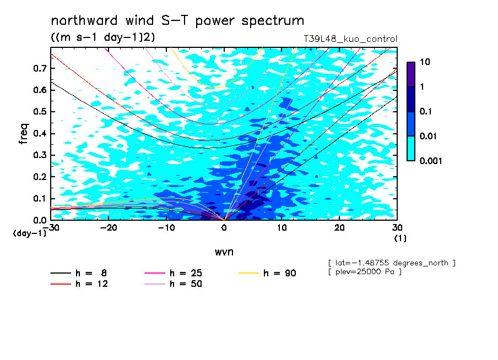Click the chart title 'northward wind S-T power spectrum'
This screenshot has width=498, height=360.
click(x=177, y=20)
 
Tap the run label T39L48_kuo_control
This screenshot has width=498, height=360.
click(x=350, y=39)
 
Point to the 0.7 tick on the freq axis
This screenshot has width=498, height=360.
click(x=40, y=68)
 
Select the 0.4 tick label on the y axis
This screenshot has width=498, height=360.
click(x=40, y=133)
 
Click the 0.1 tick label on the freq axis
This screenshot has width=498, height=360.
click(x=40, y=198)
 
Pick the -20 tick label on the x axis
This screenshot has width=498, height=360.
click(x=109, y=228)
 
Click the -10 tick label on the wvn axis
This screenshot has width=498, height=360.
click(x=166, y=228)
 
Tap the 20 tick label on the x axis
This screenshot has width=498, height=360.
click(x=339, y=228)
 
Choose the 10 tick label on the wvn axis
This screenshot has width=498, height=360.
click(x=282, y=228)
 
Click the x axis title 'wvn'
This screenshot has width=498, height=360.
click(x=224, y=252)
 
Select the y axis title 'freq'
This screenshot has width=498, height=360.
click(x=24, y=134)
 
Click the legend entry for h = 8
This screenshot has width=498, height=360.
click(x=78, y=273)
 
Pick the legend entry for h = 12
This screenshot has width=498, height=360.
click(x=79, y=284)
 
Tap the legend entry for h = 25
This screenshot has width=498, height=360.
click(x=173, y=273)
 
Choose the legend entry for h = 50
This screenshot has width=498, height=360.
click(x=173, y=284)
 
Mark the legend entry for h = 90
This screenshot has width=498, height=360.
click(x=267, y=273)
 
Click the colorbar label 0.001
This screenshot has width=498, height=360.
click(x=431, y=161)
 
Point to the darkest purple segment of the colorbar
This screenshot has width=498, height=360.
click(x=411, y=74)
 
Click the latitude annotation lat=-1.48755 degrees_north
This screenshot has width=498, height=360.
click(x=392, y=263)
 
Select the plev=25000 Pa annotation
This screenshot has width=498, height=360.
click(x=365, y=272)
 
